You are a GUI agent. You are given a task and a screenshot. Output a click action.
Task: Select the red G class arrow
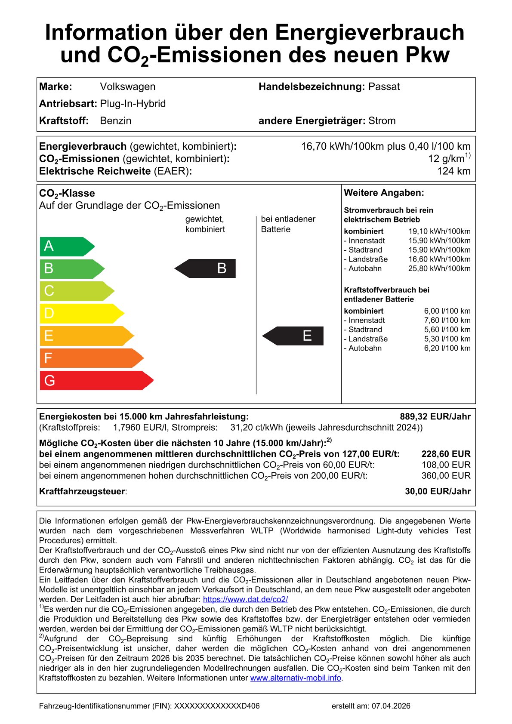coord(96,380)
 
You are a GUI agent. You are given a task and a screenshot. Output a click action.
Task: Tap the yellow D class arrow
coord(81,313)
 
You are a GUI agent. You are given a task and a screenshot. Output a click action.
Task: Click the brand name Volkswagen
coord(127,86)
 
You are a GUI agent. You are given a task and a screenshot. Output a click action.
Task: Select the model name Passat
coord(384,86)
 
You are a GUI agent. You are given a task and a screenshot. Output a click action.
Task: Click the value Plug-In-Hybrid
coord(133,104)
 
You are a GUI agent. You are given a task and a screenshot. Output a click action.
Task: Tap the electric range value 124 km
coord(453,171)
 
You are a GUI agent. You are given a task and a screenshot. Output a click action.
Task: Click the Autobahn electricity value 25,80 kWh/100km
coord(439,268)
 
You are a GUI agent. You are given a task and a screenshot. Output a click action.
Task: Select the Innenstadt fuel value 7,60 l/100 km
coord(447,320)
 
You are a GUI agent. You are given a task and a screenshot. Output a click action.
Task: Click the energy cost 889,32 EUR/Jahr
coord(435,416)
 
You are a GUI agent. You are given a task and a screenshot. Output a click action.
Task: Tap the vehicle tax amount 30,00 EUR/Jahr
coord(438,491)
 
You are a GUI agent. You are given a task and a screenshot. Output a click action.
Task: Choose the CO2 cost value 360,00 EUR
coord(446,476)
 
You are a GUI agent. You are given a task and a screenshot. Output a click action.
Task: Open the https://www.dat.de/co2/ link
coord(245,599)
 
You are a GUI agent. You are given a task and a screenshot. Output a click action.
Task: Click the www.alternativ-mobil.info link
coord(296,678)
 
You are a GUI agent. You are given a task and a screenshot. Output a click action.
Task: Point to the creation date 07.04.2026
coord(391,706)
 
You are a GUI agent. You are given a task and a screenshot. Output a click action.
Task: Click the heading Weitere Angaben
coord(384,193)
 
